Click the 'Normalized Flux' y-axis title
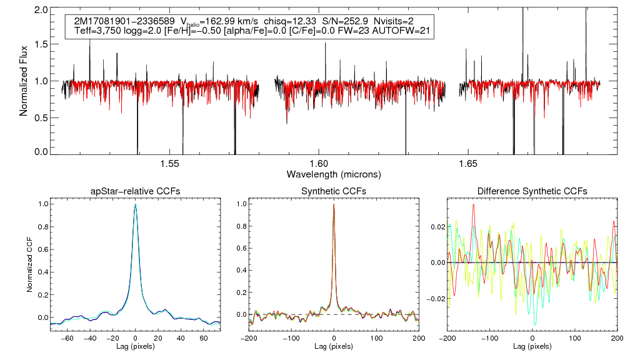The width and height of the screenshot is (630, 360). pyautogui.click(x=24, y=81)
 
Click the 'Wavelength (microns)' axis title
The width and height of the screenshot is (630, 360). pyautogui.click(x=334, y=173)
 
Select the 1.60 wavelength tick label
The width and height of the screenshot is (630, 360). pyautogui.click(x=319, y=164)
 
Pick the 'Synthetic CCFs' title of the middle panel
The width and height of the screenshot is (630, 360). pyautogui.click(x=334, y=191)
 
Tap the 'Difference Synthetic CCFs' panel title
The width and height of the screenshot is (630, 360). pyautogui.click(x=532, y=191)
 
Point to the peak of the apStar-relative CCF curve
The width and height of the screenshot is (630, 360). pyautogui.click(x=136, y=204)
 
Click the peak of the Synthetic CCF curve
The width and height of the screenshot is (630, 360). pyautogui.click(x=334, y=204)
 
